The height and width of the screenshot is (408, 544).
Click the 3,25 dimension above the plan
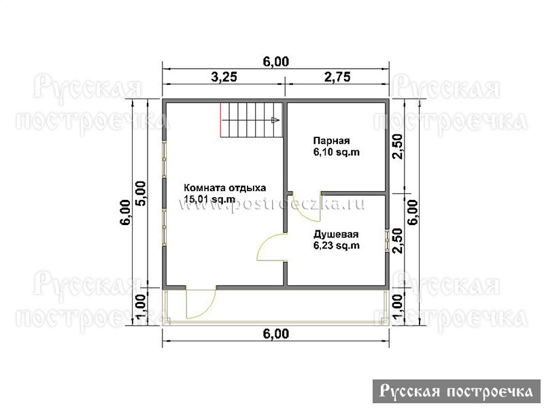pyautogui.click(x=224, y=77)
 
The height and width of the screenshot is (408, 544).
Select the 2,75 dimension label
pyautogui.click(x=337, y=77)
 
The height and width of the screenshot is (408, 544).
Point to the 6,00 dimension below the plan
pyautogui.click(x=276, y=334)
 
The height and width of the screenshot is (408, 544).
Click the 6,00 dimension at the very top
pyautogui.click(x=276, y=61)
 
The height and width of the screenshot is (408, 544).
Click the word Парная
pyautogui.click(x=331, y=141)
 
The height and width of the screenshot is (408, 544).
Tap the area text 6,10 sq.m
pyautogui.click(x=337, y=152)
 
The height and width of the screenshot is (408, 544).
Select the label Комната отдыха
pyautogui.click(x=225, y=188)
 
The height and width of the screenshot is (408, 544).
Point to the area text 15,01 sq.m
pyautogui.click(x=209, y=199)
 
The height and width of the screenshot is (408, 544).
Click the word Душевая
pyautogui.click(x=336, y=235)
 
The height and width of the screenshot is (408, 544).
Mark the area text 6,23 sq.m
pyautogui.click(x=337, y=245)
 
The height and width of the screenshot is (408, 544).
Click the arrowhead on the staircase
pyautogui.click(x=275, y=120)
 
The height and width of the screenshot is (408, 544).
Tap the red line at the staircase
pyautogui.click(x=220, y=120)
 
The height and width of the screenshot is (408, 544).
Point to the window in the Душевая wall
pyautogui.click(x=387, y=240)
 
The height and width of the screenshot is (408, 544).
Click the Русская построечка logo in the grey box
pyautogui.click(x=456, y=392)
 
